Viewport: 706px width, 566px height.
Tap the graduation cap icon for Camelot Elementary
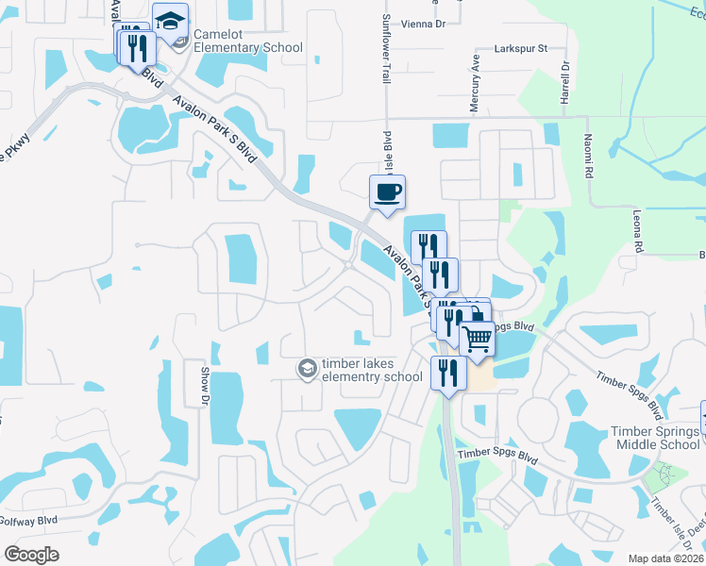tap(170, 21)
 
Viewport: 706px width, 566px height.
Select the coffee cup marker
tap(387, 192)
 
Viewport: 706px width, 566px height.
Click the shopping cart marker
tap(478, 337)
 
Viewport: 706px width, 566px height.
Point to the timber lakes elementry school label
tap(371, 370)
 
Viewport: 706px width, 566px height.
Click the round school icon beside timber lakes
tap(307, 367)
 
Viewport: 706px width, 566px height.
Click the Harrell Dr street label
tap(565, 82)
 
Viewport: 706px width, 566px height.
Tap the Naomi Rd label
tap(587, 160)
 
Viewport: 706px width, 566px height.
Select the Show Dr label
tap(203, 387)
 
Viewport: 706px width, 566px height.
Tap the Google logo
tap(31, 555)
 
